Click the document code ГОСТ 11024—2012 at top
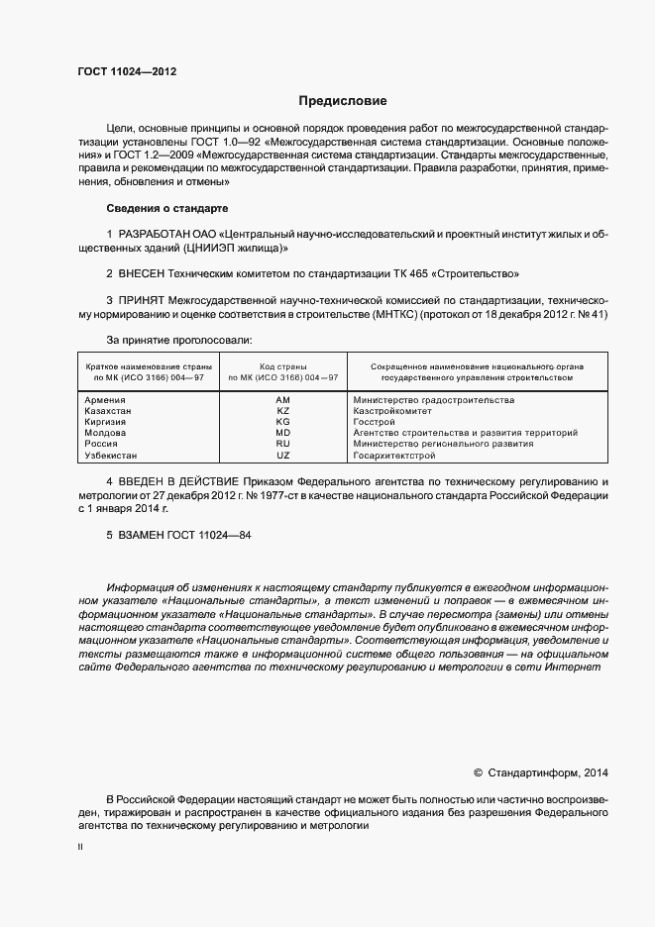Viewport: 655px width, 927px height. click(x=128, y=71)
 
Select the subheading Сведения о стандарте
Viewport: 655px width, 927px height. click(x=166, y=209)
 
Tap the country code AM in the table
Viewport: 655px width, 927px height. click(x=282, y=399)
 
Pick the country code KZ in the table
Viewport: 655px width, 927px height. click(x=282, y=410)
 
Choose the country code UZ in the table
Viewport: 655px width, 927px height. click(x=282, y=455)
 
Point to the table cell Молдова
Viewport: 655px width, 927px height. click(x=105, y=433)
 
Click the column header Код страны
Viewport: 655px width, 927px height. click(x=282, y=366)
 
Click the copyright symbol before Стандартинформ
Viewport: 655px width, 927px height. click(x=478, y=772)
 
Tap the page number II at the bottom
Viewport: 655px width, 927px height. click(x=80, y=848)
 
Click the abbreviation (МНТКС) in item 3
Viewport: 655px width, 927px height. click(x=393, y=314)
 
